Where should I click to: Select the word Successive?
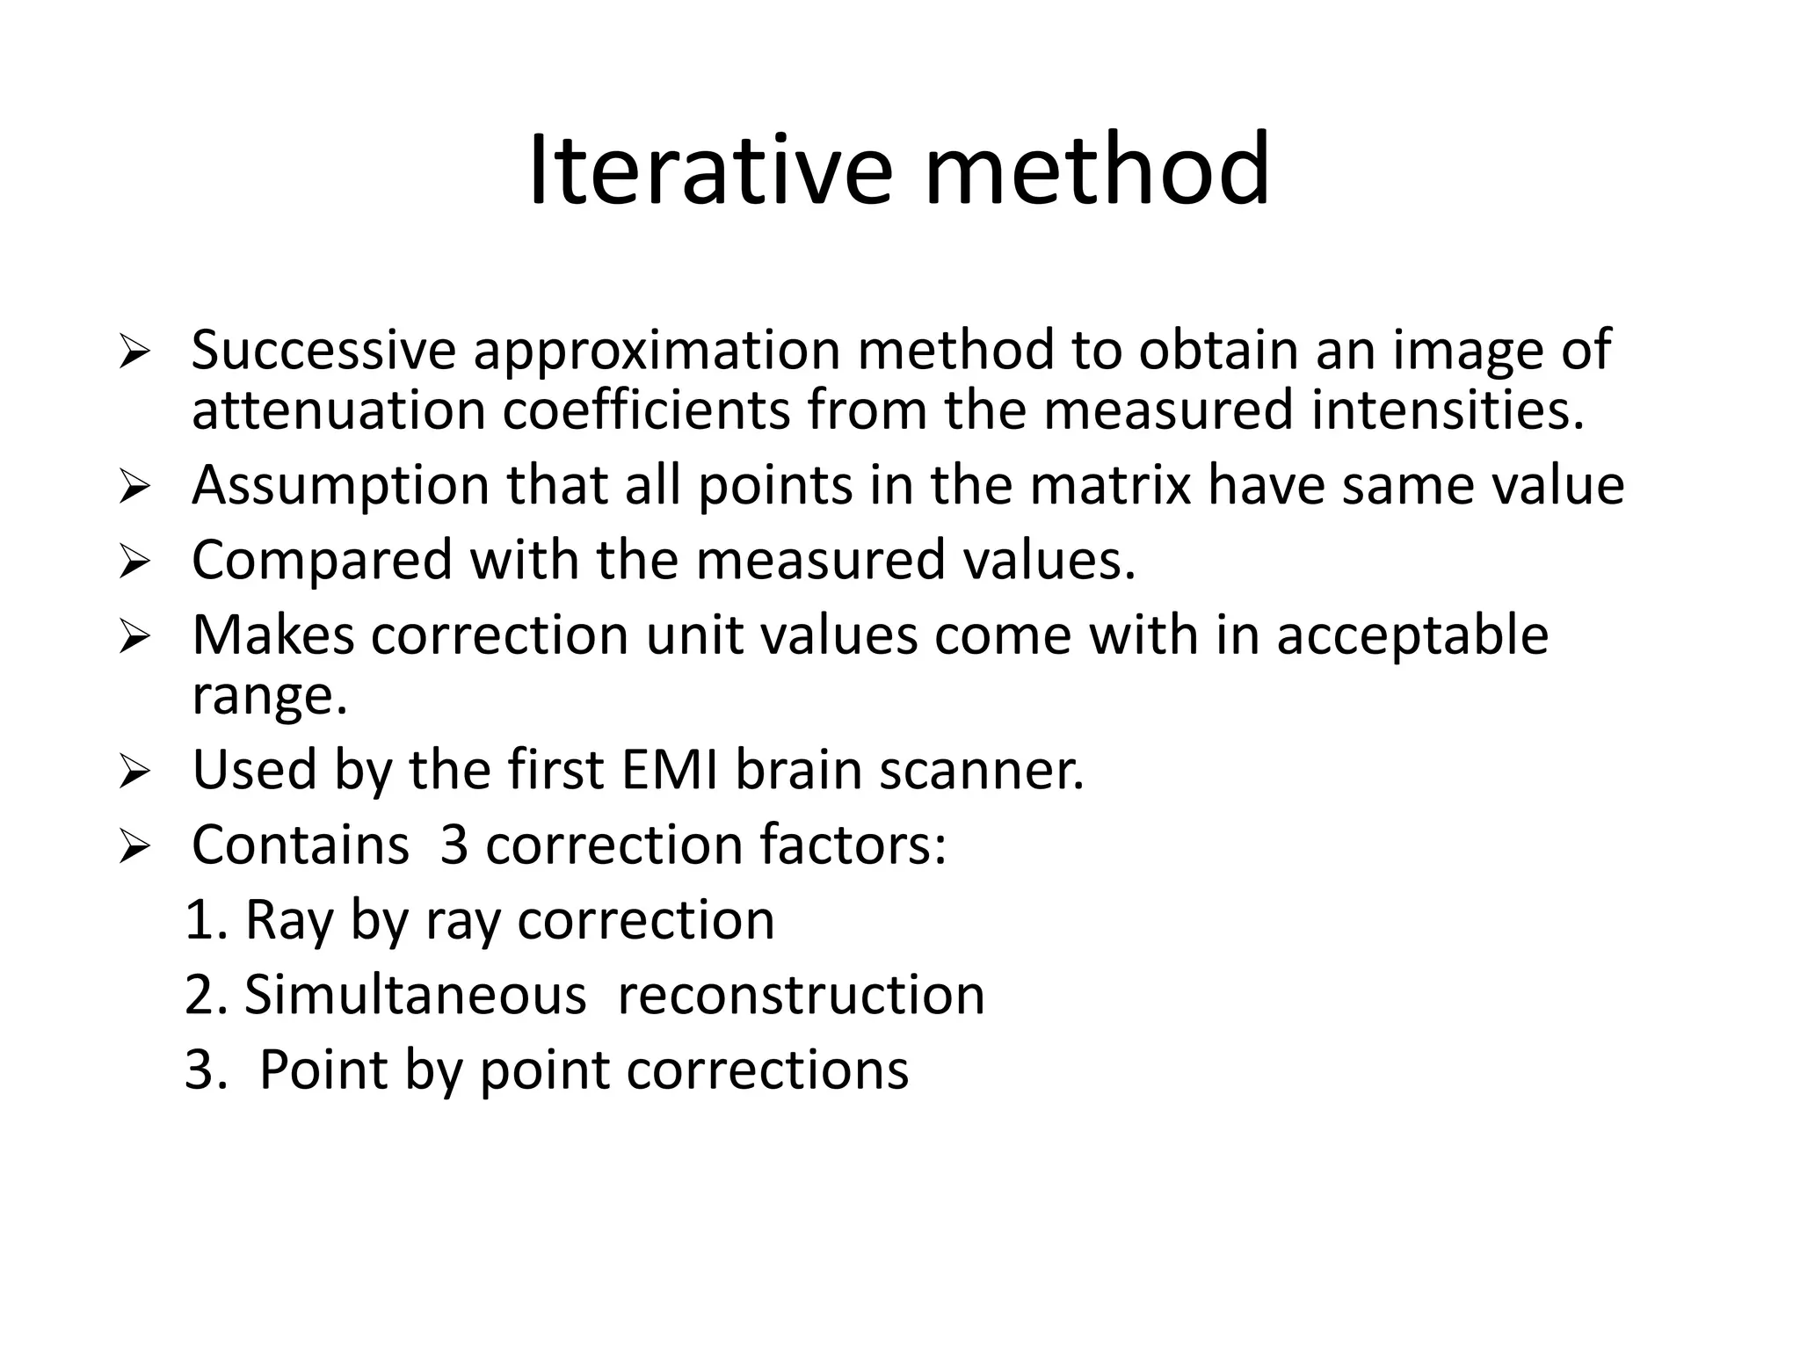click(x=323, y=350)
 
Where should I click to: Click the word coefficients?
click(x=646, y=411)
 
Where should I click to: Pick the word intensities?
click(x=1448, y=411)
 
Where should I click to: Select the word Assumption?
click(x=340, y=486)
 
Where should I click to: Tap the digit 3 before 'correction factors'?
click(x=454, y=845)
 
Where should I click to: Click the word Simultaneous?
click(x=415, y=996)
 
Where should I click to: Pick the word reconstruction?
click(x=801, y=996)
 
